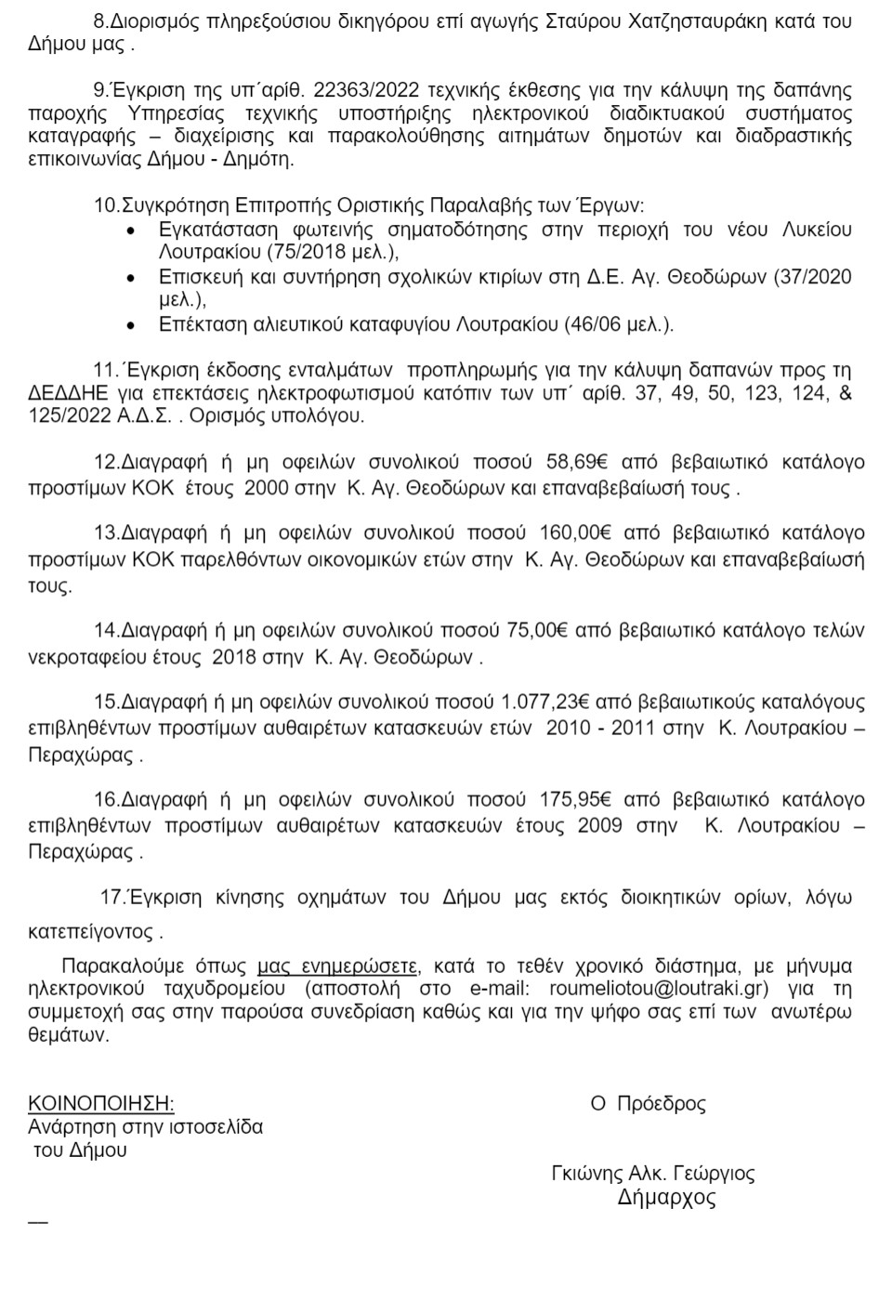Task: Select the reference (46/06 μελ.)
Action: [619, 324]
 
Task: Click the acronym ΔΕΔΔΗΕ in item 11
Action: [61, 393]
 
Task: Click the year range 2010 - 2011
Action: [603, 728]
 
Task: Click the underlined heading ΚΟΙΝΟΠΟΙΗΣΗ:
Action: [101, 1103]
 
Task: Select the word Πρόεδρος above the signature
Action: [662, 1104]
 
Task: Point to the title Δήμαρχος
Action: [667, 1198]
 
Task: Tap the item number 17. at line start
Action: [112, 898]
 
